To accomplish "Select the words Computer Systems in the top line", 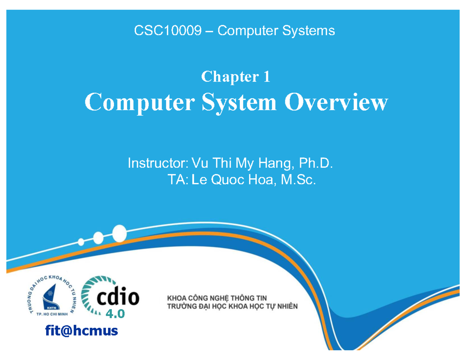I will (276, 30).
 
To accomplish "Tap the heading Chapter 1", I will (235, 77).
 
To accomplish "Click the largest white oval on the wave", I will (119, 233).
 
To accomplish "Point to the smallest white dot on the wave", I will (81, 242).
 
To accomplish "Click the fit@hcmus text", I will (81, 330).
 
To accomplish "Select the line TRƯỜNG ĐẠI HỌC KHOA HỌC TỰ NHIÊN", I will (232, 307).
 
